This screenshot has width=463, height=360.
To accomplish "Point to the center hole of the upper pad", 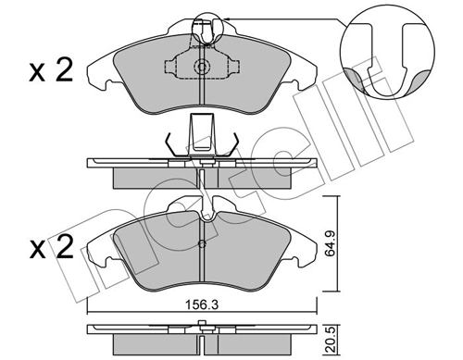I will [202, 67].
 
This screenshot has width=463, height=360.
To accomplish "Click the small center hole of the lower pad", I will [202, 244].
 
